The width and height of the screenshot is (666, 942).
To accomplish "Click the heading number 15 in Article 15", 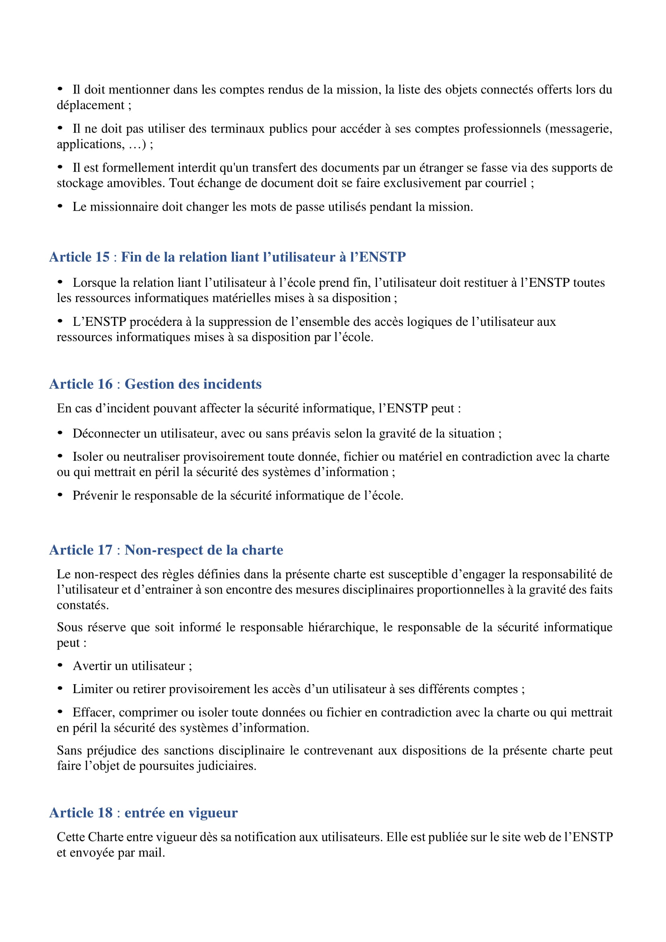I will [x=102, y=257].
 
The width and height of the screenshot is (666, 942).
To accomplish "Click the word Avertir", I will [x=92, y=666].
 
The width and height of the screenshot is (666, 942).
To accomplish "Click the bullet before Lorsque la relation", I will [x=60, y=282].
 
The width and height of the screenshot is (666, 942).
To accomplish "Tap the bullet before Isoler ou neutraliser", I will [x=60, y=456].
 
